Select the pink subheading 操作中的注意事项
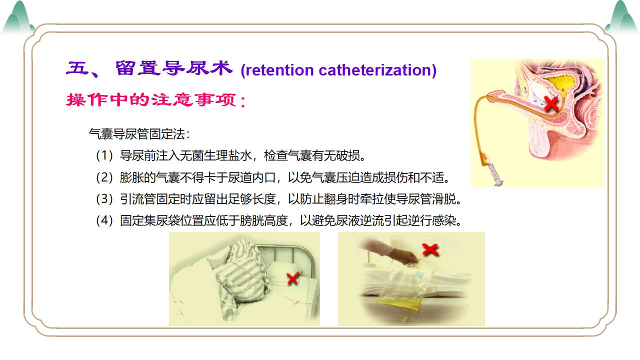pos(151,99)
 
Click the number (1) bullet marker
pos(104,155)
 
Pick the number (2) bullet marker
pos(104,177)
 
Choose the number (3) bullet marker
pos(104,199)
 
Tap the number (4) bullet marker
pos(104,220)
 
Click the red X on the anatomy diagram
pos(551,103)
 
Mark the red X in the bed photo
pos(293,278)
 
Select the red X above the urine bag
pos(430,249)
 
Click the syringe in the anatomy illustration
pos(493,169)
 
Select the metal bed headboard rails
pos(285,257)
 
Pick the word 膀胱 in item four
pos(251,220)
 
